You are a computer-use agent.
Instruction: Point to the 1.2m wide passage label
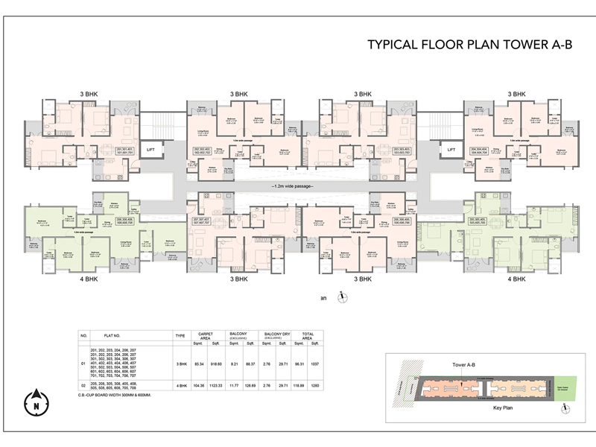click(292, 186)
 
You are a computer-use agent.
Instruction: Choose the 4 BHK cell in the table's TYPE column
click(180, 386)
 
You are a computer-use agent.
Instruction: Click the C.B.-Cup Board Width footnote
click(120, 394)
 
